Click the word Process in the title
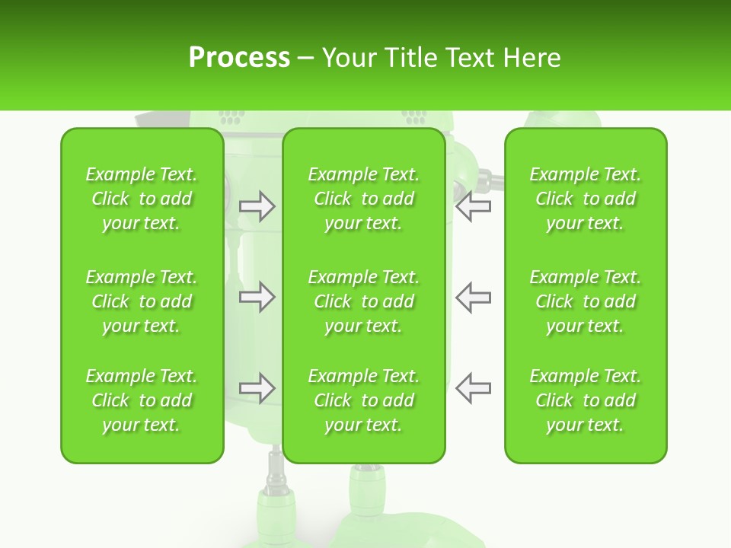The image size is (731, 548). pyautogui.click(x=239, y=58)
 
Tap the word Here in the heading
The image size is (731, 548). pyautogui.click(x=533, y=58)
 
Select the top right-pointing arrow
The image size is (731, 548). pyautogui.click(x=257, y=206)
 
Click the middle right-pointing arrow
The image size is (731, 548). pyautogui.click(x=257, y=297)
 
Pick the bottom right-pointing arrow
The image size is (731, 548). pyautogui.click(x=257, y=388)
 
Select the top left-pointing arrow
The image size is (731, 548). pyautogui.click(x=473, y=206)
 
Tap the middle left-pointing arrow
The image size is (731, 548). pyautogui.click(x=473, y=297)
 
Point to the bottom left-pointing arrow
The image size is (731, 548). pyautogui.click(x=473, y=388)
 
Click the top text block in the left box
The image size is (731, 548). pyautogui.click(x=142, y=199)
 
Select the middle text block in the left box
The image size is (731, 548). pyautogui.click(x=142, y=301)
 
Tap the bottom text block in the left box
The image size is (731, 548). pyautogui.click(x=142, y=400)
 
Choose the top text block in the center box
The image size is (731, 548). pyautogui.click(x=364, y=199)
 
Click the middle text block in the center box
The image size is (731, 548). pyautogui.click(x=364, y=301)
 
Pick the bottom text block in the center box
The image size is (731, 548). pyautogui.click(x=364, y=400)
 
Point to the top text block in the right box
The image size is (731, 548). pyautogui.click(x=586, y=199)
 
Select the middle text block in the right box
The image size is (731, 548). pyautogui.click(x=586, y=301)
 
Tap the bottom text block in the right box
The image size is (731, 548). pyautogui.click(x=586, y=400)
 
